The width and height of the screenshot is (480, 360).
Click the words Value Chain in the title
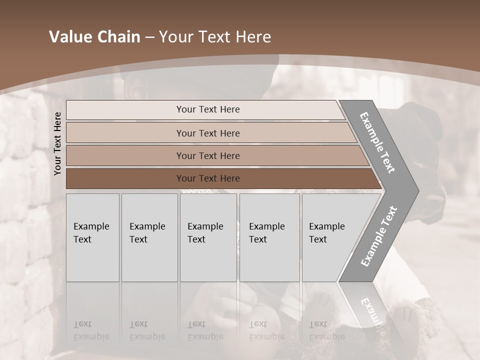(94, 37)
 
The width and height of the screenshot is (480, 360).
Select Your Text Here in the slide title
(215, 37)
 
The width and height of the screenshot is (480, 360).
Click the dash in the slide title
(149, 37)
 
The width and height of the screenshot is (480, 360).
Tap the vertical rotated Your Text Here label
(57, 143)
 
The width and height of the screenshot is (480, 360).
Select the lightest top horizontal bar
(207, 109)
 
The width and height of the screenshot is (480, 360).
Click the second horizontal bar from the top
(207, 133)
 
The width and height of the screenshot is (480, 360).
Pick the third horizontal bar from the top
(207, 155)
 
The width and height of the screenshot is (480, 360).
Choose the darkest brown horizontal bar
(207, 178)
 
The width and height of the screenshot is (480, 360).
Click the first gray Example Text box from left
(92, 237)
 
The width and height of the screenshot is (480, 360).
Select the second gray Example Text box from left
(149, 237)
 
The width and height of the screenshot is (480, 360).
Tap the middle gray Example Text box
(208, 237)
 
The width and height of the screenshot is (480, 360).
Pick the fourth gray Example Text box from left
(269, 237)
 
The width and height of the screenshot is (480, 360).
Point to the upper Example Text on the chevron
(377, 142)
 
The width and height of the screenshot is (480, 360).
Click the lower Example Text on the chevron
(379, 236)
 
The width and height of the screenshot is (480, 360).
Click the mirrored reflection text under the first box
(91, 331)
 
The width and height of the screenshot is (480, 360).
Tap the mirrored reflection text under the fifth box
(327, 331)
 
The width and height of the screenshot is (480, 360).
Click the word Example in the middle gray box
(205, 226)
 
